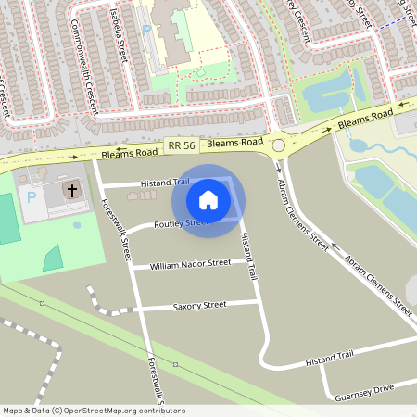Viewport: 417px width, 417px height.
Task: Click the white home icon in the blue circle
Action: (208, 200)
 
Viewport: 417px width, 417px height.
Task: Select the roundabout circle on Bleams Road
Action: (278, 145)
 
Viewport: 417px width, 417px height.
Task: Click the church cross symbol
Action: (71, 190)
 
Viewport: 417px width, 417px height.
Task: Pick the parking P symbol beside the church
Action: (33, 198)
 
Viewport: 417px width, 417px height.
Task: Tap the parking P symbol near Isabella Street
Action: (146, 32)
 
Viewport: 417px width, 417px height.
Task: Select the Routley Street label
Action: (181, 224)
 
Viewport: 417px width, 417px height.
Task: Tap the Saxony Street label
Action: (199, 305)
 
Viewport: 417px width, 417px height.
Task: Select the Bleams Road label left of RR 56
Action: (129, 151)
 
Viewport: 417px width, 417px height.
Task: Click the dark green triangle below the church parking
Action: (52, 258)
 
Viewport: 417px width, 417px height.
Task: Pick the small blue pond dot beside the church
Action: (76, 224)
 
